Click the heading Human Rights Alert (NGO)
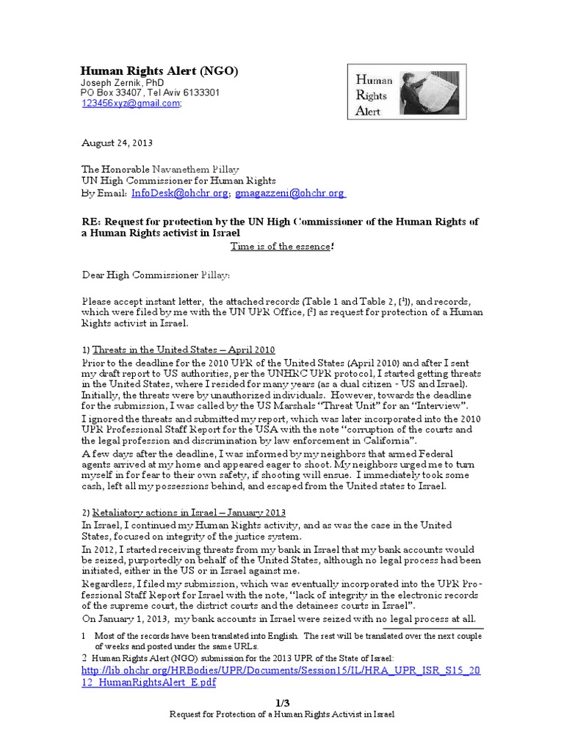coord(159,70)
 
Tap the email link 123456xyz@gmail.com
coord(130,104)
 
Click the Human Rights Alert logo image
coord(403,91)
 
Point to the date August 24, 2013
coord(117,142)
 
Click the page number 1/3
coord(282,703)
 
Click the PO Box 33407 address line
coord(150,93)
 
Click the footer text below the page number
coord(282,715)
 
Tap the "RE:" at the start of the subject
coord(91,223)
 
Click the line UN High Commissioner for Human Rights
coord(178,181)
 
